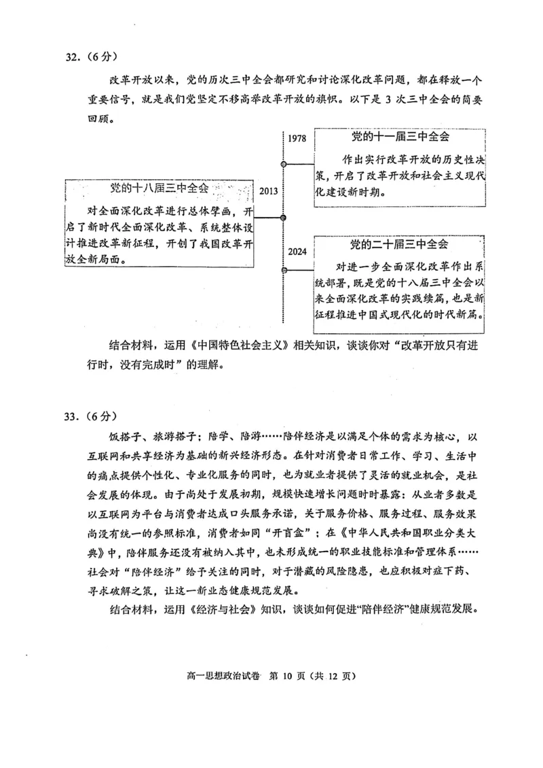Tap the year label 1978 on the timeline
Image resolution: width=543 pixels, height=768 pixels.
click(x=297, y=138)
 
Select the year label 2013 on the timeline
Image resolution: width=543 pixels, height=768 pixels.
click(x=268, y=191)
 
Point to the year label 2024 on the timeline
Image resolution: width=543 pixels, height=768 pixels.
click(x=297, y=251)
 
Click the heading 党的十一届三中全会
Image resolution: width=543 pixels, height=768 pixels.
click(x=400, y=136)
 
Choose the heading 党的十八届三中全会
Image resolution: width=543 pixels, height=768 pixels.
click(x=160, y=188)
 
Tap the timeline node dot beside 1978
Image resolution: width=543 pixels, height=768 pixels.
click(x=283, y=164)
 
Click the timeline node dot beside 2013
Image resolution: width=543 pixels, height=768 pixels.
click(x=283, y=217)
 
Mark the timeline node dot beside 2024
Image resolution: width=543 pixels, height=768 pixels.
click(x=283, y=271)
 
